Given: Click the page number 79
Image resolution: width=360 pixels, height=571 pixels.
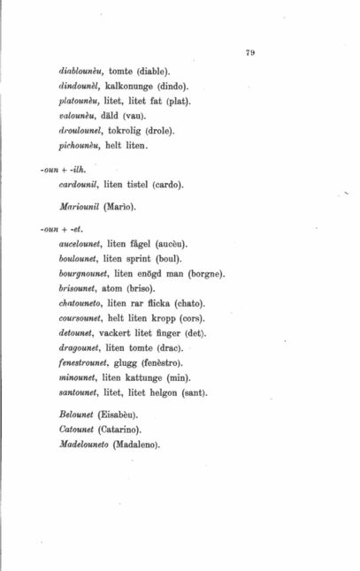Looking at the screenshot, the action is (x=250, y=53).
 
